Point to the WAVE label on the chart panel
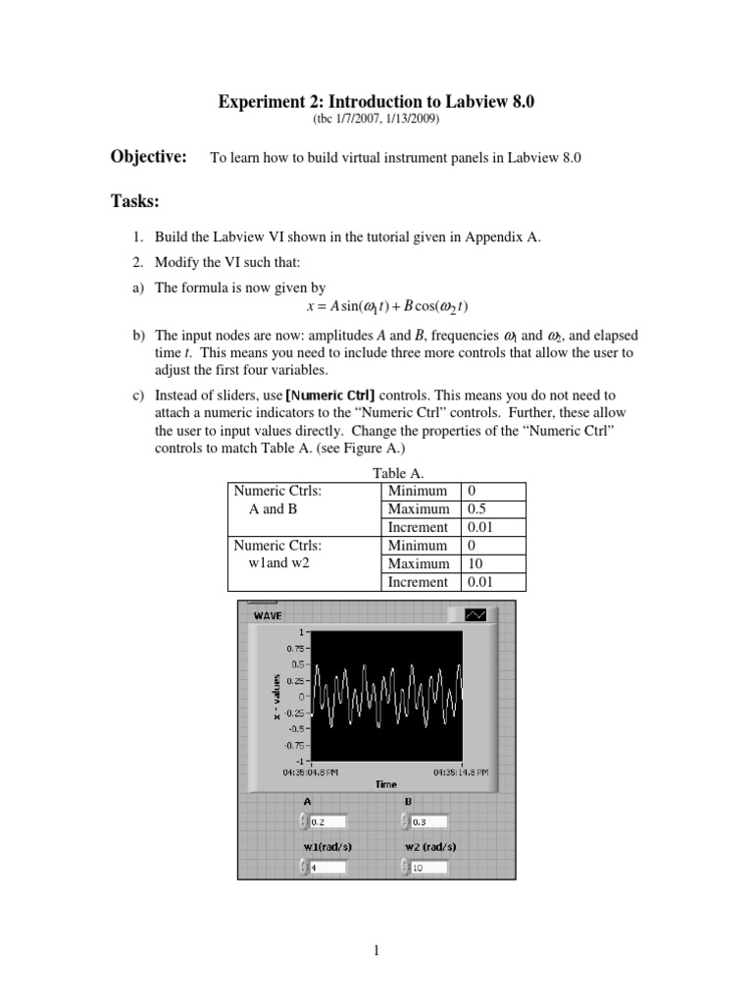click(268, 615)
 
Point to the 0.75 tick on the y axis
click(294, 648)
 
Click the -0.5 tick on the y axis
click(294, 728)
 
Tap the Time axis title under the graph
click(385, 784)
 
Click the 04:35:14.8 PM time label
click(461, 772)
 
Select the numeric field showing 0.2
click(327, 821)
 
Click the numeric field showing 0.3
click(429, 821)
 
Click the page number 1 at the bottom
click(376, 950)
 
